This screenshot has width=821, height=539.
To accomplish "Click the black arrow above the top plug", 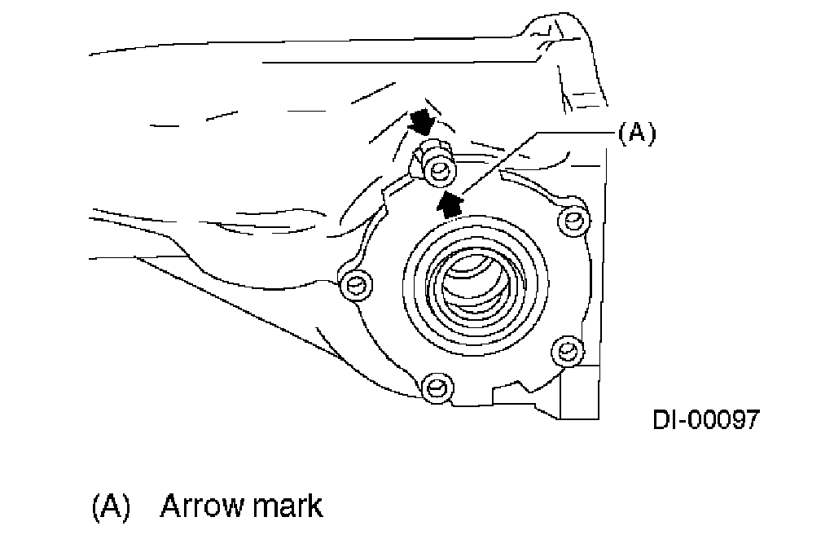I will pos(422,123).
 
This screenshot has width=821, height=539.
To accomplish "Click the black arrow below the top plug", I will pos(449,200).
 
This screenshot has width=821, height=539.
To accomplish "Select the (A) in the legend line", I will pos(111,506).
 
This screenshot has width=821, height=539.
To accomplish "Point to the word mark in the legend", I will pos(286,506).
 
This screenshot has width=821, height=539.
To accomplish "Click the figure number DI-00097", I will pos(705,420).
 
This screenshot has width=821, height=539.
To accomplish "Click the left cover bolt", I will pos(354,283).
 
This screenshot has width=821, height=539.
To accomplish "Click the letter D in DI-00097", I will pos(661,420).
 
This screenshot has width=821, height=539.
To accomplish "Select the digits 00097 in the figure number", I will pos(726,420).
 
